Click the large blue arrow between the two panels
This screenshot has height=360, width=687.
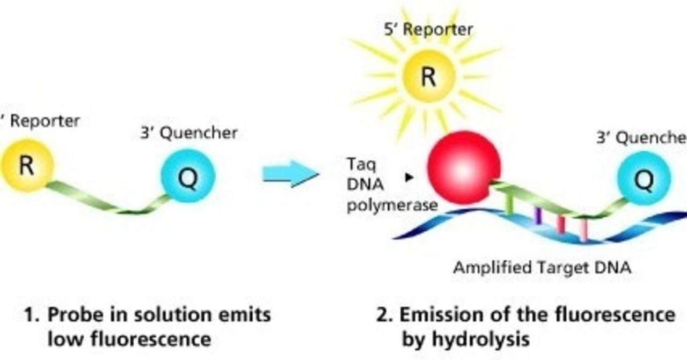coord(290,174)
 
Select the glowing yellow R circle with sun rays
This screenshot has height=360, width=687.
coord(428,77)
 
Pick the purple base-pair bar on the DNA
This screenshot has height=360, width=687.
coord(538,215)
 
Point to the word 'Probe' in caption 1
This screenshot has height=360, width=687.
coord(73,314)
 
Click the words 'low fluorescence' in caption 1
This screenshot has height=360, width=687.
coord(129,339)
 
